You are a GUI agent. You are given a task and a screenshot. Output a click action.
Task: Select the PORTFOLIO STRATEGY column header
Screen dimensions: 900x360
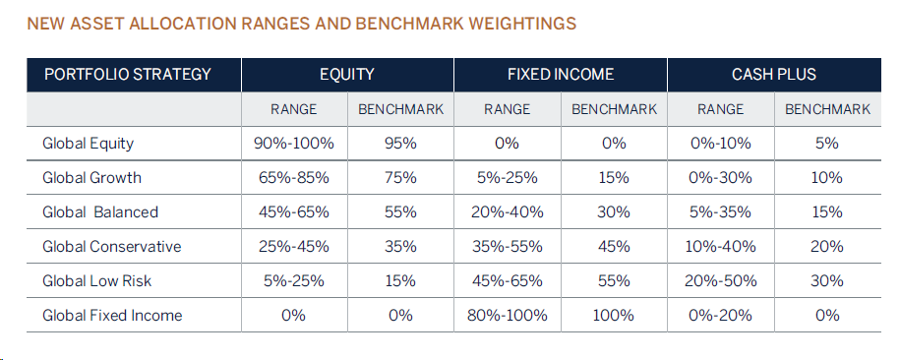point(128,75)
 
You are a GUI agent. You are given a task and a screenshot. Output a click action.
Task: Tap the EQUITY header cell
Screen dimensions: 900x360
point(347,75)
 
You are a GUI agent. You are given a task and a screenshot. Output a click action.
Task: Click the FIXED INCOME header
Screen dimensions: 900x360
point(561,75)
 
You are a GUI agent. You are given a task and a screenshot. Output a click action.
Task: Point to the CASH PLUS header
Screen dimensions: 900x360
point(774,75)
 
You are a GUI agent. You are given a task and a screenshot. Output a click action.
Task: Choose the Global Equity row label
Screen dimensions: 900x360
point(88,143)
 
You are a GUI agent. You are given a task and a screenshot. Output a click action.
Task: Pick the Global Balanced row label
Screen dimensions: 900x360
point(100,211)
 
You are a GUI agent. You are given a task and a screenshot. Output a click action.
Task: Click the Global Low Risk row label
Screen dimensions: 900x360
point(97,280)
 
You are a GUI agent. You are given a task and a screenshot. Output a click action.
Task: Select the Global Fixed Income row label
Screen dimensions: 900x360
point(112,315)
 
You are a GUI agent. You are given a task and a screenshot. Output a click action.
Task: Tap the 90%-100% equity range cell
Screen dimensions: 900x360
point(294,143)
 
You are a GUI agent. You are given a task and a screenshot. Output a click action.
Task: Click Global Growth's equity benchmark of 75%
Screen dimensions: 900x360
point(400,177)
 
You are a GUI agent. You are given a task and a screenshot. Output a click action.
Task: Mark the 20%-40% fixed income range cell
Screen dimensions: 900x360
point(508,211)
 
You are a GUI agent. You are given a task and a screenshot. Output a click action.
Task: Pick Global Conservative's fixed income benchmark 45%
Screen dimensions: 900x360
point(614,246)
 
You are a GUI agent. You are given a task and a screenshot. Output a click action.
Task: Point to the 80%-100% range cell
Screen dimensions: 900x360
point(508,315)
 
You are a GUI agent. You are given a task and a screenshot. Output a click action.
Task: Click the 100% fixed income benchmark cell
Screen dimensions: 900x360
point(614,315)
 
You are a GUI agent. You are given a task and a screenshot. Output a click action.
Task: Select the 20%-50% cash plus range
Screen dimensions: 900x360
point(720,280)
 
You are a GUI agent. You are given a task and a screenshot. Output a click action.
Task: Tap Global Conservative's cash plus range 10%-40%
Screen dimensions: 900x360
point(720,246)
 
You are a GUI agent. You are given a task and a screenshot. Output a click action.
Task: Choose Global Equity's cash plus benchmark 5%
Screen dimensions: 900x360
point(827,143)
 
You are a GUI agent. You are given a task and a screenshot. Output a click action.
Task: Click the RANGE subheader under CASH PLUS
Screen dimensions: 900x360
point(720,109)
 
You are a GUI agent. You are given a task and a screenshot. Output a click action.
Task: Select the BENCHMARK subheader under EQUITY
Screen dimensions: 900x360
point(400,109)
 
